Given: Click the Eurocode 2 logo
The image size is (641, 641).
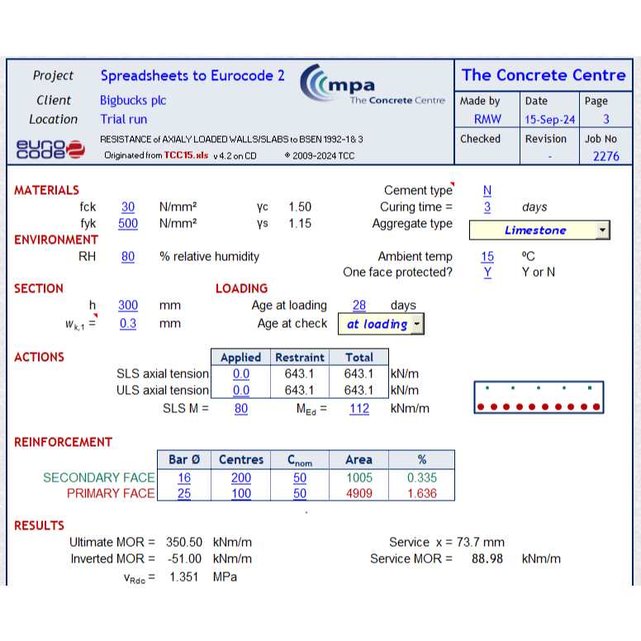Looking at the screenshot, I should click(50, 148).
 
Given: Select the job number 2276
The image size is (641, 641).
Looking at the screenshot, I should click(605, 156).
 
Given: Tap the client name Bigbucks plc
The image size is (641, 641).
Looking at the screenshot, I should click(133, 100).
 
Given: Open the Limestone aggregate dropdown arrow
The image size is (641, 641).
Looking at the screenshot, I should click(602, 230).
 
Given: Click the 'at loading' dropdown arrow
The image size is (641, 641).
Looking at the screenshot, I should click(417, 325).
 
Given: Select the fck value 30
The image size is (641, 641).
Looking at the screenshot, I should click(128, 207).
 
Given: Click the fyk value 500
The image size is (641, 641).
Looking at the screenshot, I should click(128, 224).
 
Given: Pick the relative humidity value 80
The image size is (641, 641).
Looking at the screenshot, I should click(128, 257).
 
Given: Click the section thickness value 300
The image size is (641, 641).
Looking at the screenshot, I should click(128, 306).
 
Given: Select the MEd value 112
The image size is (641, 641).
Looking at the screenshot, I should click(359, 408).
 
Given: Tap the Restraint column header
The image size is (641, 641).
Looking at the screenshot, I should click(299, 358).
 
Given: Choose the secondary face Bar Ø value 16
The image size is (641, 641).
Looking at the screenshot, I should click(183, 477).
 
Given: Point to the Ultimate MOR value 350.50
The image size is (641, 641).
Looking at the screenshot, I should click(184, 543).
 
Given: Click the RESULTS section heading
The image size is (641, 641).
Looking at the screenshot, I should click(39, 525).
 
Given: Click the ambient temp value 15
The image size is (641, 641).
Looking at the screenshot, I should click(487, 257).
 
